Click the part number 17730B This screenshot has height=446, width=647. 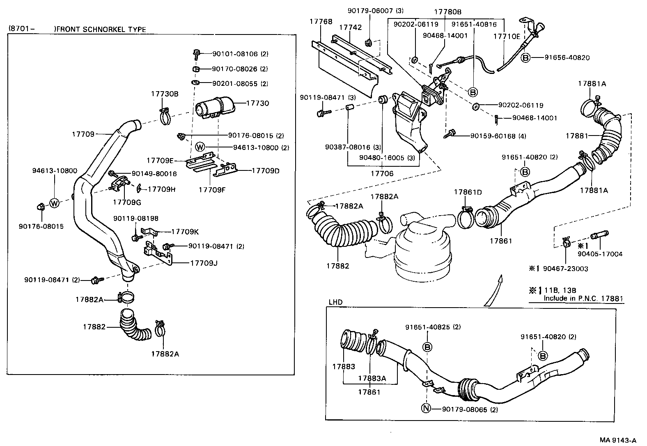(x=165, y=94)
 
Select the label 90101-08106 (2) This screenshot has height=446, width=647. (x=240, y=54)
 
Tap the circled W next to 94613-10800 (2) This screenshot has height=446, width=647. (x=200, y=147)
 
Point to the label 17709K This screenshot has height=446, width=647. (x=185, y=232)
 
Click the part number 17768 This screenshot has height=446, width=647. (x=321, y=21)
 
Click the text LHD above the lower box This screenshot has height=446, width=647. (x=335, y=302)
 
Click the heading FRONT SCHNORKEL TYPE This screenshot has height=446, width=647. (x=101, y=29)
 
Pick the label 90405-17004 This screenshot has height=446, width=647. (x=600, y=254)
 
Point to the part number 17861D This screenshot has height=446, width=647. (x=468, y=192)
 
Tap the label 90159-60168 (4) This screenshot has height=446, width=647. (x=492, y=136)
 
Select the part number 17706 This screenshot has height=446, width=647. (x=382, y=173)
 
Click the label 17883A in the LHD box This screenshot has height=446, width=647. (x=372, y=378)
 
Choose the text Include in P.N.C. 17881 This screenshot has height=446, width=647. (x=583, y=298)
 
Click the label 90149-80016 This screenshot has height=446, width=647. (x=148, y=174)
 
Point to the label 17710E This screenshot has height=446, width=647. (x=507, y=36)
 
